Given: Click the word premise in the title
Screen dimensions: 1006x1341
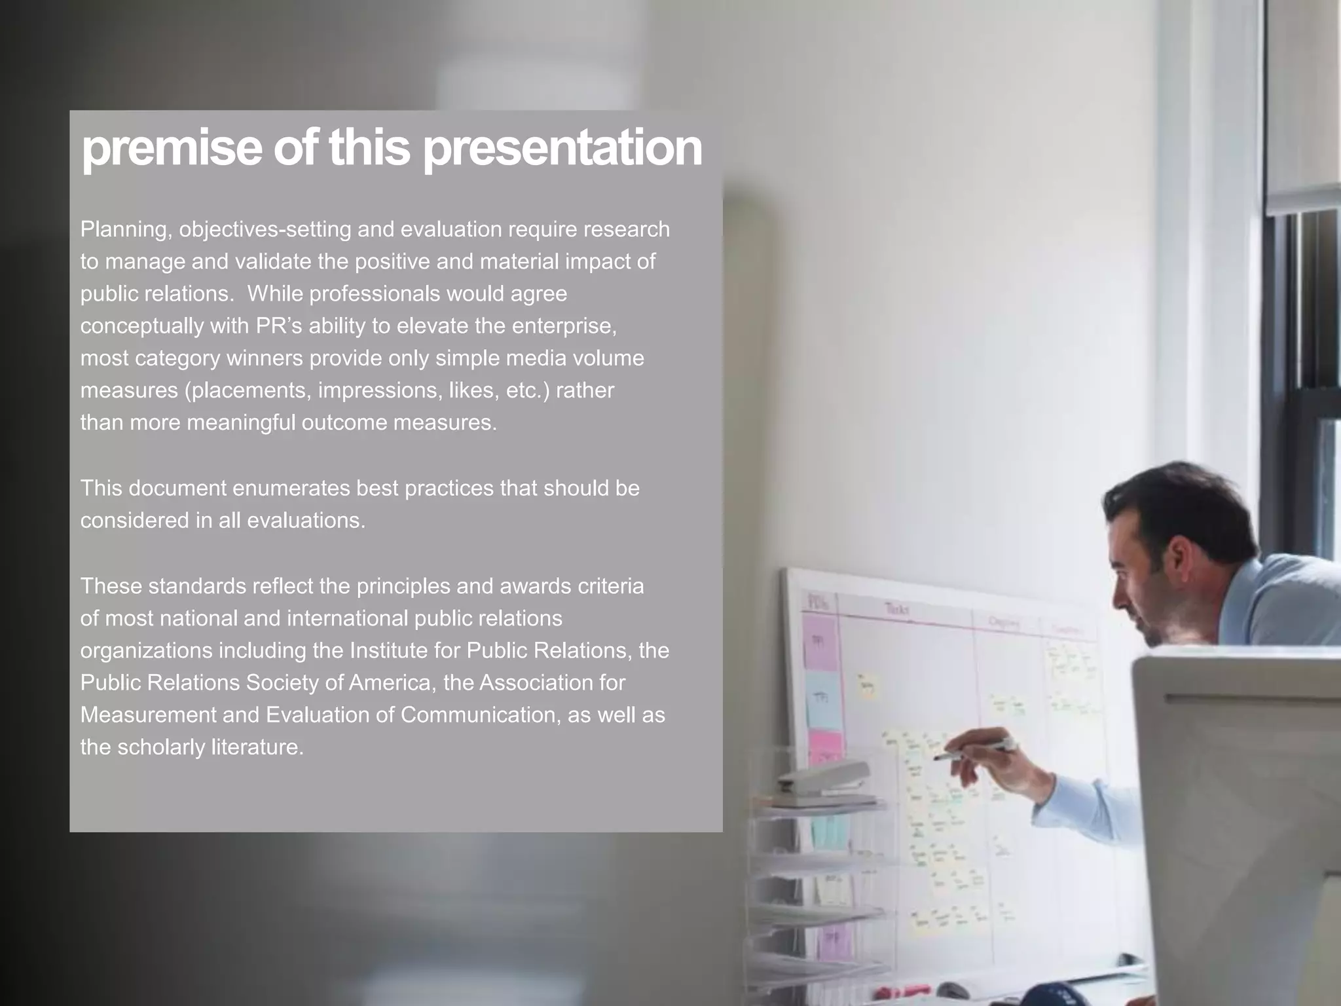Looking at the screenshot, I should (172, 149).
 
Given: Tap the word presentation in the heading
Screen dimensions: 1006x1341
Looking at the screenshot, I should (562, 149).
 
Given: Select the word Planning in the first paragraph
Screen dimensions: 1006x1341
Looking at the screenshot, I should (124, 230).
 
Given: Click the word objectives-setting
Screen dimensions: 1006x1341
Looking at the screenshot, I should (265, 230).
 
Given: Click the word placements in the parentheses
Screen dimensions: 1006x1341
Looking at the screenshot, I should (249, 390).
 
